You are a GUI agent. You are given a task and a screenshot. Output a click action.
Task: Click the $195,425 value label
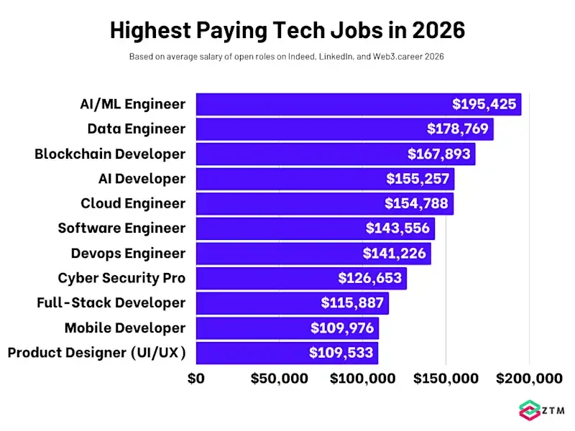click(484, 104)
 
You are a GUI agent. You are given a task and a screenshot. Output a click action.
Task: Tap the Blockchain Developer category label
click(110, 154)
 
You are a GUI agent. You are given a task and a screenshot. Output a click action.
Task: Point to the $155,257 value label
click(418, 179)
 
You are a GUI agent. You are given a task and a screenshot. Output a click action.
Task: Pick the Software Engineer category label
click(121, 228)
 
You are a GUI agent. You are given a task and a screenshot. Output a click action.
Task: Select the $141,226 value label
click(395, 254)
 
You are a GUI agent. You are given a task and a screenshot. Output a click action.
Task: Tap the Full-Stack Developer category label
click(111, 303)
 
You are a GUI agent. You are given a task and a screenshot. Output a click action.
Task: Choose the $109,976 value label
click(342, 328)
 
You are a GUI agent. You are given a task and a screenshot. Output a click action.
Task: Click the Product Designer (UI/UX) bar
click(252, 353)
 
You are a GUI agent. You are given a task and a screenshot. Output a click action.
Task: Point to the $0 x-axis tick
click(196, 379)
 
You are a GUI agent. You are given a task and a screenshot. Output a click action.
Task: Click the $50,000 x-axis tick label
click(279, 379)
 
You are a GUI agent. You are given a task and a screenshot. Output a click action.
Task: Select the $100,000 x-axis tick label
click(362, 379)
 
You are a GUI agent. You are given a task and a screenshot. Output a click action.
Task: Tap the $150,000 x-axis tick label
click(446, 379)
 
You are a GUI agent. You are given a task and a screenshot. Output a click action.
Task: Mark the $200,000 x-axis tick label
click(530, 379)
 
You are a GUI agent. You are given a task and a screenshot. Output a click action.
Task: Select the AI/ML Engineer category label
click(132, 104)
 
